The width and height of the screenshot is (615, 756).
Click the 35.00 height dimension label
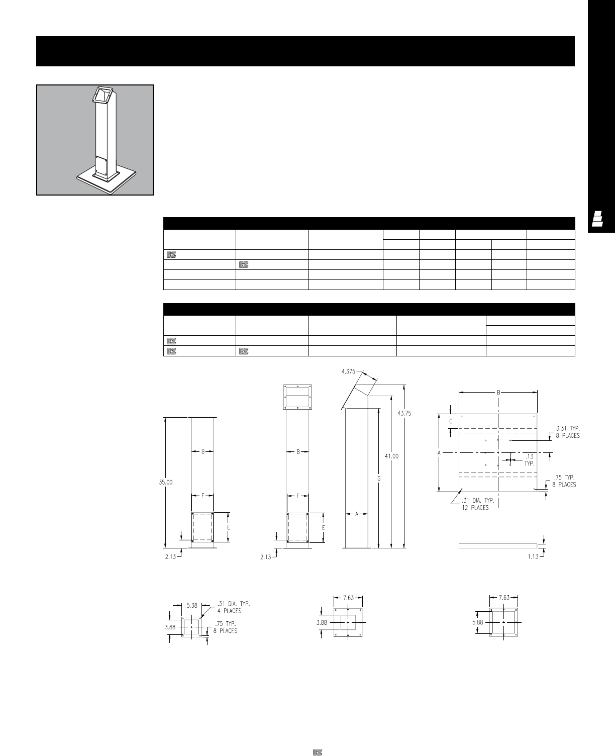tap(166, 483)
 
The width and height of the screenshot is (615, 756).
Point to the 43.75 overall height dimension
tap(404, 413)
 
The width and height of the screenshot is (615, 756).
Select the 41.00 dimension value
tap(391, 456)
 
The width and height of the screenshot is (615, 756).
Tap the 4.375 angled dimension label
tap(348, 371)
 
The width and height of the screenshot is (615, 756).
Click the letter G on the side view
tap(379, 479)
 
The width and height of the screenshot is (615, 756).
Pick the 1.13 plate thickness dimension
tap(533, 556)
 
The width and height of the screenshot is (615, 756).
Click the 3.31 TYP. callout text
tap(568, 428)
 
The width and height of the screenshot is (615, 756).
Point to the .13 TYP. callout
tap(530, 460)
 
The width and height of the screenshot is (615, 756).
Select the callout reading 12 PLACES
tap(475, 508)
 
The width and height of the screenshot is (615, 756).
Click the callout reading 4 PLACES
tap(229, 611)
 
